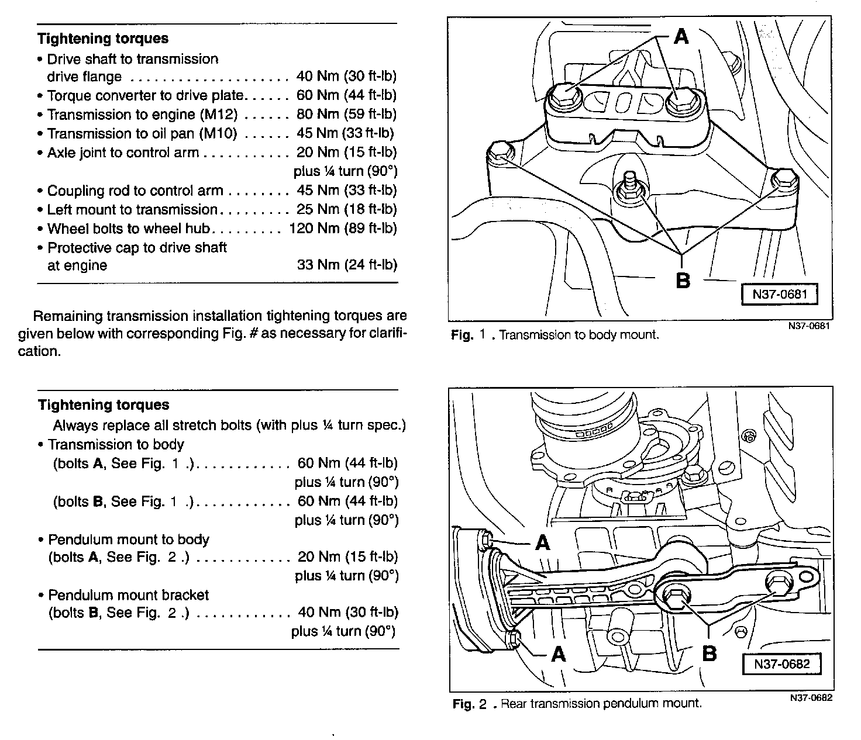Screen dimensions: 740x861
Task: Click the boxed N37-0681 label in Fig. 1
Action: [x=780, y=295]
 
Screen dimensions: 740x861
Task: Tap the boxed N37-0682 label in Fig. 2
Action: [x=781, y=664]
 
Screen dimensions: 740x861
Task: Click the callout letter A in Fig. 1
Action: [x=681, y=37]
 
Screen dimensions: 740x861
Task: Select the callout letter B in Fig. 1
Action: [x=683, y=281]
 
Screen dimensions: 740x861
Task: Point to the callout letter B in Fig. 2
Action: [x=709, y=653]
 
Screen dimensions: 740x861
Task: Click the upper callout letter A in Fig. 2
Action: [x=543, y=544]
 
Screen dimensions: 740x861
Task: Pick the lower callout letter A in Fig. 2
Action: [x=559, y=653]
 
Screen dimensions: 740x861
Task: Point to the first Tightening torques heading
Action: [x=103, y=39]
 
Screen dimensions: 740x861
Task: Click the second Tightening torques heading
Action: [x=104, y=404]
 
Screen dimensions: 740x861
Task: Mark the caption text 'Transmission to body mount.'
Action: [x=579, y=336]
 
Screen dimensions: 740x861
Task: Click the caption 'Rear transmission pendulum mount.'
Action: [x=601, y=704]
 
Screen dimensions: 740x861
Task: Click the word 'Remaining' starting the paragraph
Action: [x=68, y=316]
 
